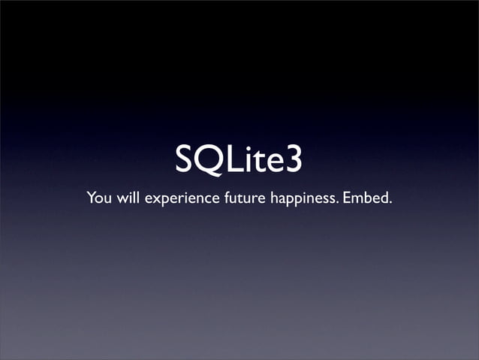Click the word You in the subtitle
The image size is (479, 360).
pos(98,199)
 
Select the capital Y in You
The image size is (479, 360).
pos(92,199)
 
